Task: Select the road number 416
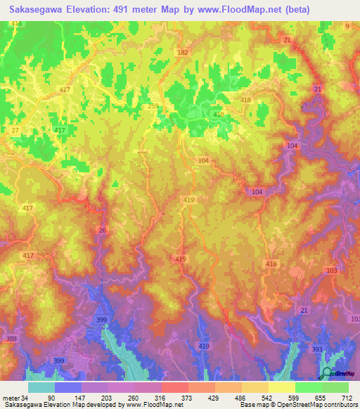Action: (17, 24)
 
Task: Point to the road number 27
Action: (15, 131)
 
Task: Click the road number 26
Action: (103, 231)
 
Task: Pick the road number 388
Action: (11, 339)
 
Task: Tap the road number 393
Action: (317, 349)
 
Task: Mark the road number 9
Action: (347, 26)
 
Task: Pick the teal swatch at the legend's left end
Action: (41, 387)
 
